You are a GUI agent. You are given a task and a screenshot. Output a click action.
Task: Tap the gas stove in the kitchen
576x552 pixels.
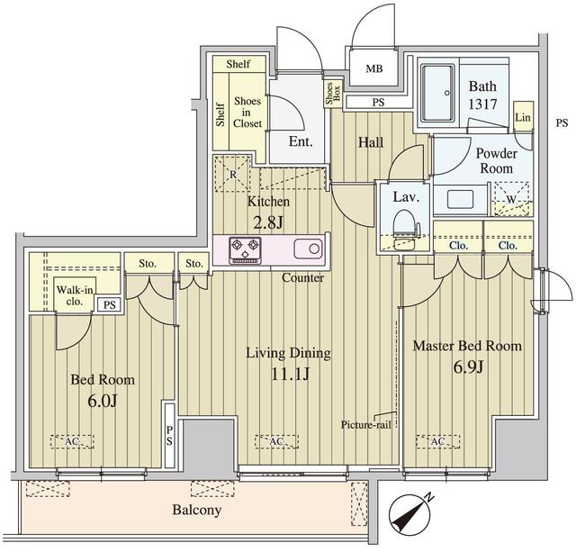point(245,250)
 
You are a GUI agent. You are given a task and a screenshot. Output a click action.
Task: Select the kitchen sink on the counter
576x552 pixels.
point(308,249)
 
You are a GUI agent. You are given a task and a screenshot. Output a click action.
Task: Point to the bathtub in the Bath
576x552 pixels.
point(438,94)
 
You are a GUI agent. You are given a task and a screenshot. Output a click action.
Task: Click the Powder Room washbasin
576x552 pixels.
point(460,199)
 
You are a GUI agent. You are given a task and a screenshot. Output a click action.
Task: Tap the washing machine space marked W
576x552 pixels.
point(512,199)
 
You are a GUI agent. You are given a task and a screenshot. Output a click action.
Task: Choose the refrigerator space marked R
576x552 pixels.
point(232,174)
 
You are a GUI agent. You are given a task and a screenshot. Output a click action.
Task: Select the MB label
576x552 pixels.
point(374,68)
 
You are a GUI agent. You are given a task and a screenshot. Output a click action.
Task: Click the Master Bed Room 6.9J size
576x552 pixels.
point(468,367)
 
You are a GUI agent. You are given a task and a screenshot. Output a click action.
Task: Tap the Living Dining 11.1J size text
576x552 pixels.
point(290,374)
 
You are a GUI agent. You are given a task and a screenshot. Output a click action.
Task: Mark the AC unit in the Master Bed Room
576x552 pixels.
point(438,441)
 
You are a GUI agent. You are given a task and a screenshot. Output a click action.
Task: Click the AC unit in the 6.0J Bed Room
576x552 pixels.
point(72,441)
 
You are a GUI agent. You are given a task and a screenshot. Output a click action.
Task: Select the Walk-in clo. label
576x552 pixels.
point(75,295)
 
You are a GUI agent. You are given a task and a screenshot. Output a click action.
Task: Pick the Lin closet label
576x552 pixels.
point(523,117)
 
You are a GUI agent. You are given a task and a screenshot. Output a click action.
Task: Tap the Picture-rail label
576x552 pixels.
point(366,425)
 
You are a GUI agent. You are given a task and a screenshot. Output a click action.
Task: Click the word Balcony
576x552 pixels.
point(197,510)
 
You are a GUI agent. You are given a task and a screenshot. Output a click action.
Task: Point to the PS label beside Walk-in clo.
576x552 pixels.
point(109,304)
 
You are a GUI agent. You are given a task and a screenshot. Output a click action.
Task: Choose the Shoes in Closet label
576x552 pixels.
point(247,112)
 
